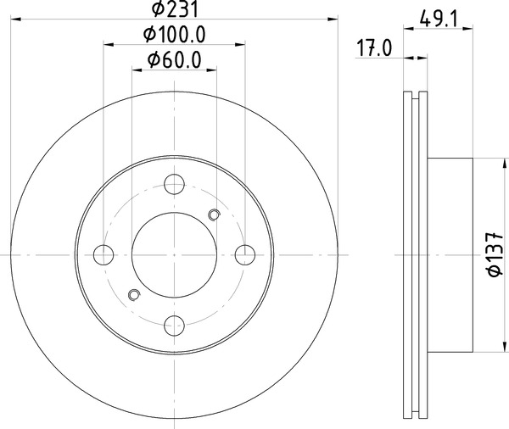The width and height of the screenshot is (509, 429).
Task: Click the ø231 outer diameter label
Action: [x=175, y=9]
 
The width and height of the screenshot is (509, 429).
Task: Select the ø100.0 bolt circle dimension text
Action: [x=175, y=35]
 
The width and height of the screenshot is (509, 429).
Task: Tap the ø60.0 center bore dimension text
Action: [x=175, y=60]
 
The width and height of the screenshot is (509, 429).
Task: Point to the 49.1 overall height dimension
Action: [x=439, y=19]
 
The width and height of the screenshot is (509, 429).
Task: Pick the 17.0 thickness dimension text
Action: [x=374, y=48]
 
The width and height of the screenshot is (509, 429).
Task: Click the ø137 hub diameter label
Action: [x=495, y=254]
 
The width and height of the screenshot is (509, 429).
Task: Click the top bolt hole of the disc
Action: [x=174, y=184]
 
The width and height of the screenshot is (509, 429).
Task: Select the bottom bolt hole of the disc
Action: [x=174, y=326]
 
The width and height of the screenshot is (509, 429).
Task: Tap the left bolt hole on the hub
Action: [x=103, y=254]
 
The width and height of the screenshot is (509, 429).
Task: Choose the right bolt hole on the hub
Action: [x=245, y=254]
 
